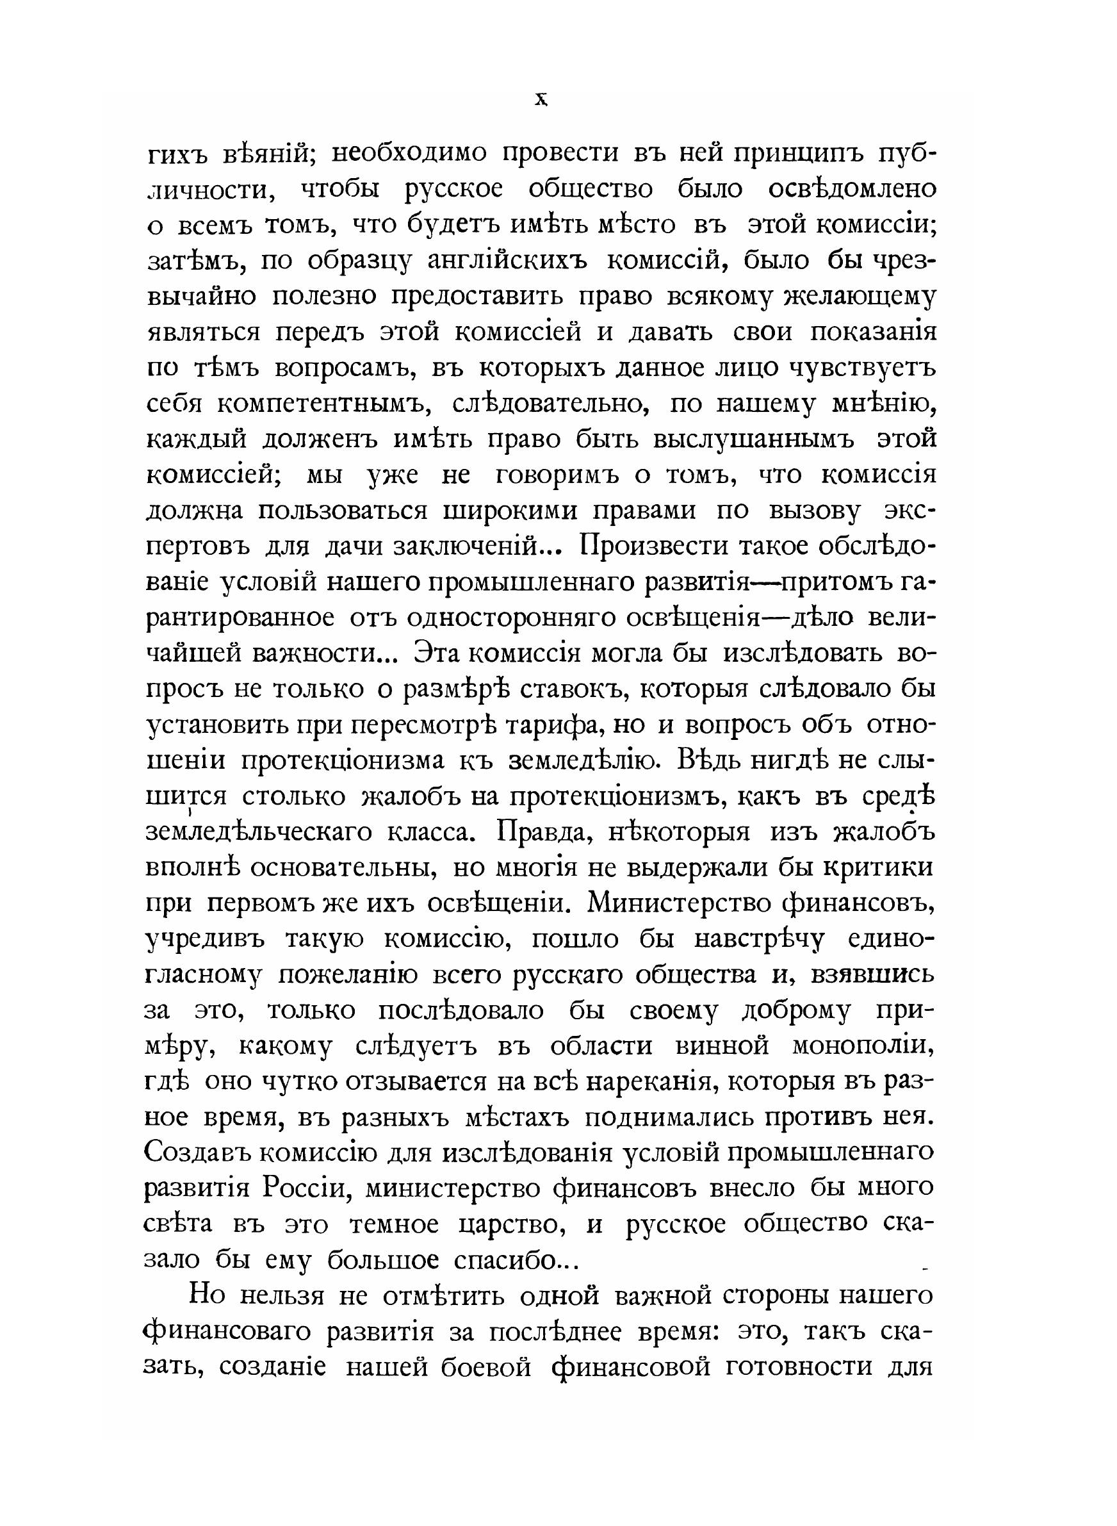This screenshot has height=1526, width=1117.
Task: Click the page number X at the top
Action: tap(540, 101)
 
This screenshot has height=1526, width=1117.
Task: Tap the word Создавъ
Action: tap(196, 1153)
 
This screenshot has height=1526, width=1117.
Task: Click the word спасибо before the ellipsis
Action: tap(503, 1260)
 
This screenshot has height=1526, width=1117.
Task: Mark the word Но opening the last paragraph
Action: tap(209, 1296)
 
